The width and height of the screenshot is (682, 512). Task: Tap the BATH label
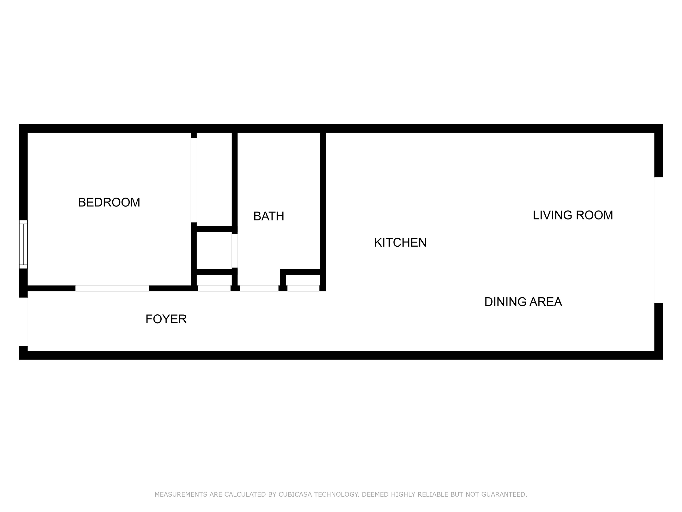(x=268, y=216)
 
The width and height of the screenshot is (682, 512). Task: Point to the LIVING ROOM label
(x=572, y=215)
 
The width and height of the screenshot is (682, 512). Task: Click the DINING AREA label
(x=523, y=302)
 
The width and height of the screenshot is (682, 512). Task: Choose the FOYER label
(x=166, y=319)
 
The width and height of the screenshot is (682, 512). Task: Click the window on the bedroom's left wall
(x=23, y=244)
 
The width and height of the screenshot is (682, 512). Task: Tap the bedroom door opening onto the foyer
(x=112, y=288)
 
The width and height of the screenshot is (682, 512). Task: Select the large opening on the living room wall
(x=658, y=240)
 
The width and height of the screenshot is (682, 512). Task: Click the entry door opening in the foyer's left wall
(x=23, y=322)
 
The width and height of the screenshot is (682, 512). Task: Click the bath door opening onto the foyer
(x=259, y=288)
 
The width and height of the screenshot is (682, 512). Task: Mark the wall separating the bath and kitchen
(x=323, y=201)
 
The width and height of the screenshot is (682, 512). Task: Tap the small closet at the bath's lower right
(x=303, y=280)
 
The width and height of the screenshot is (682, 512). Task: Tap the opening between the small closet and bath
(x=235, y=251)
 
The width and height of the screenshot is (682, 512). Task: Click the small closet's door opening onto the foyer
(x=214, y=288)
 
